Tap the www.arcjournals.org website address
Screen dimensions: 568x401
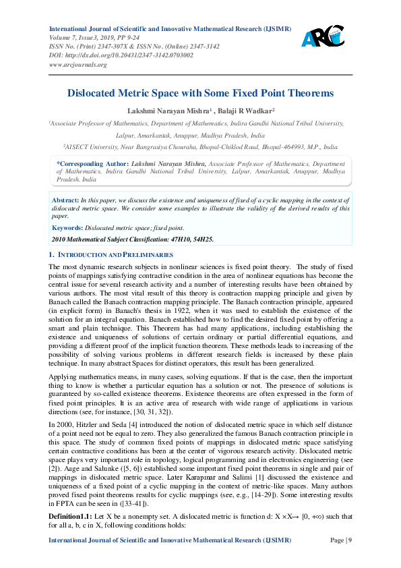78,65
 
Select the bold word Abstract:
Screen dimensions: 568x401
65,201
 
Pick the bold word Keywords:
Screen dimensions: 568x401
68,228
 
